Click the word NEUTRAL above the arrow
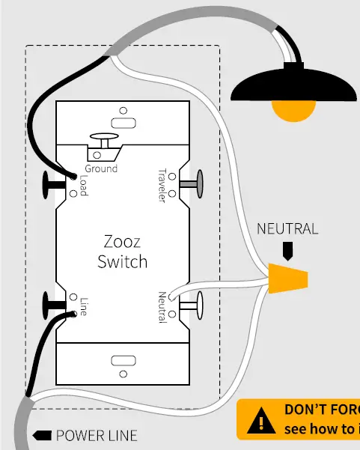pyautogui.click(x=287, y=229)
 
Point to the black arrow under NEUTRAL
pyautogui.click(x=287, y=248)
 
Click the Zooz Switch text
pyautogui.click(x=122, y=252)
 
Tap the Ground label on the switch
pyautogui.click(x=101, y=168)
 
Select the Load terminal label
pyautogui.click(x=83, y=186)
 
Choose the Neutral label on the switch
pyautogui.click(x=161, y=307)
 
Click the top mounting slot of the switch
pyautogui.click(x=120, y=122)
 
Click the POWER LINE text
pyautogui.click(x=96, y=435)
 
